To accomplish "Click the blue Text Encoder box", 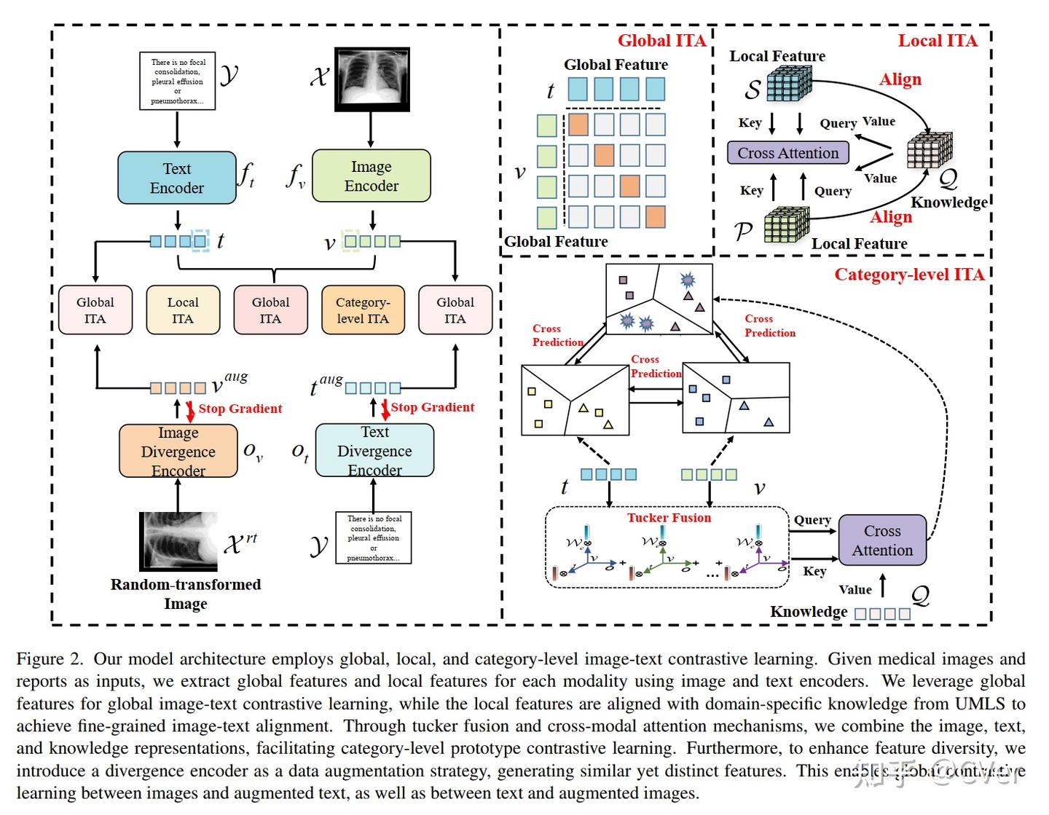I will click(x=177, y=178).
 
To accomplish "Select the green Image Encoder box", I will click(x=372, y=176).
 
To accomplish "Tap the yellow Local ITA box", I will click(x=183, y=310).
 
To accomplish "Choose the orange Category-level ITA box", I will click(x=363, y=310).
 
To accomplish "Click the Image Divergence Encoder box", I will click(x=178, y=452).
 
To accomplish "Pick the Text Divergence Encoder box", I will click(x=374, y=452).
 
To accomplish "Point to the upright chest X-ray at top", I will click(x=372, y=79).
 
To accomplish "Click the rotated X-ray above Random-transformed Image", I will click(x=179, y=541).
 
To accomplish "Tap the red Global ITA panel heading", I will click(x=661, y=41).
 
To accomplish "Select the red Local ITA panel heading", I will click(x=937, y=41).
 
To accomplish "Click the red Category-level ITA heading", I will click(x=908, y=275).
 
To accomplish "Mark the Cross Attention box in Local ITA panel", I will click(x=788, y=153).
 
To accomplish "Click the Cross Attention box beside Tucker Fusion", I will click(x=882, y=540).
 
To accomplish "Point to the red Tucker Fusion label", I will click(x=669, y=518).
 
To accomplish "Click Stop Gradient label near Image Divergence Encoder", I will click(x=240, y=409).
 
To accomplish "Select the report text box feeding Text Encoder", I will click(x=178, y=81).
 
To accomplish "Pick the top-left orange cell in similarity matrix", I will click(x=578, y=125).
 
